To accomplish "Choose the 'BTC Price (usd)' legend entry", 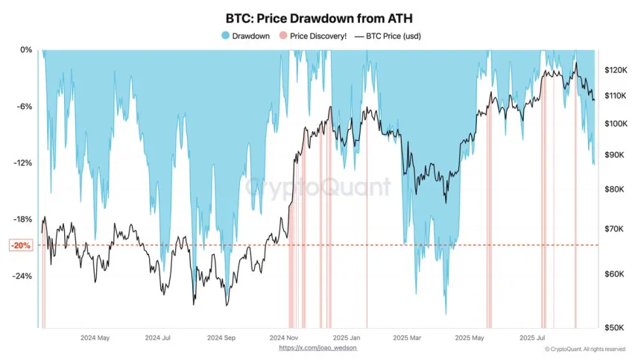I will click(390, 35).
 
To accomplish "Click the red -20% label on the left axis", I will click(21, 245).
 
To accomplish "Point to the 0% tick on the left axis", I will click(25, 50).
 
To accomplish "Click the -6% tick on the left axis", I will click(24, 107).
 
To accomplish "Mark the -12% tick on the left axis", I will click(22, 163).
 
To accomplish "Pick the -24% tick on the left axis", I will click(22, 276).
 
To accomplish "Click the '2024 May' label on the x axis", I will click(95, 338).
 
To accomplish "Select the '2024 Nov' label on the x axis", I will click(282, 338).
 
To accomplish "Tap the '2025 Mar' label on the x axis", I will click(408, 338).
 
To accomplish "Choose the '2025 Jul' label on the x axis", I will click(533, 338).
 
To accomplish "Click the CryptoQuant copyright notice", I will click(584, 349).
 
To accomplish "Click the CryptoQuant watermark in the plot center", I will click(319, 186).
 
